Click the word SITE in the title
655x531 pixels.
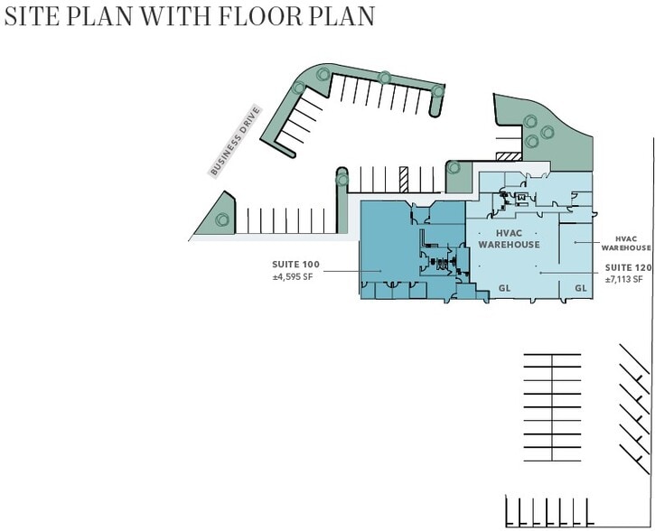pos(32,16)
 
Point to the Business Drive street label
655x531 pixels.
pos(235,142)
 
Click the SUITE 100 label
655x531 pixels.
pos(295,265)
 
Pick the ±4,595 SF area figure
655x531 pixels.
pos(293,276)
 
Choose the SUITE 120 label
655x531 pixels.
pos(628,267)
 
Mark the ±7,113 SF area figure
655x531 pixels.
pos(623,279)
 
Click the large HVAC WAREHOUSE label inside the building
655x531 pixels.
pos(509,238)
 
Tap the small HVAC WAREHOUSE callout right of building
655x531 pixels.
pos(626,244)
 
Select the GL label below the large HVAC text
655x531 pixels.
pos(505,288)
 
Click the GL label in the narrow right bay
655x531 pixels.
pos(581,288)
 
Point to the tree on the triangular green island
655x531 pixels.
pos(222,219)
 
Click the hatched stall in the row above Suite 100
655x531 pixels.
pos(404,180)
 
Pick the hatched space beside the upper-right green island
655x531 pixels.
pos(509,156)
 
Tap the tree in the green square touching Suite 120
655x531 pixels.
pos(454,168)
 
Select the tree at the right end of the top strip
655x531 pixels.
pos(437,91)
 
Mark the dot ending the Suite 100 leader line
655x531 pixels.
pos(380,271)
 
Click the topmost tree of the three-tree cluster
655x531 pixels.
pos(530,122)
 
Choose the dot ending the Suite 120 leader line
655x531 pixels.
pos(540,273)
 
